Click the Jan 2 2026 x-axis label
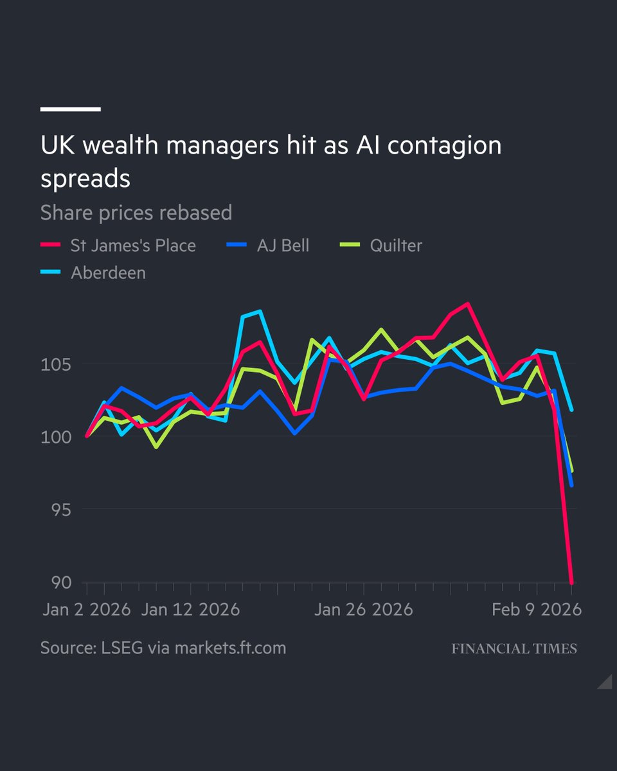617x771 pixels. point(86,609)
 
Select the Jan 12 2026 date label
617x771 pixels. point(190,609)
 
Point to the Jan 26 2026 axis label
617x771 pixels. point(363,609)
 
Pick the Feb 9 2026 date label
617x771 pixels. point(537,609)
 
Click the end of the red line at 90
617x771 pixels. point(571,582)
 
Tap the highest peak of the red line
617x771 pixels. point(468,304)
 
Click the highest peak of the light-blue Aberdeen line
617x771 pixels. point(260,312)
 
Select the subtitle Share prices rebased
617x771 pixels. point(136,213)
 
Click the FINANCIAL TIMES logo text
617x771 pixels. point(514,648)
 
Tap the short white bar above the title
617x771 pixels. point(71,109)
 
